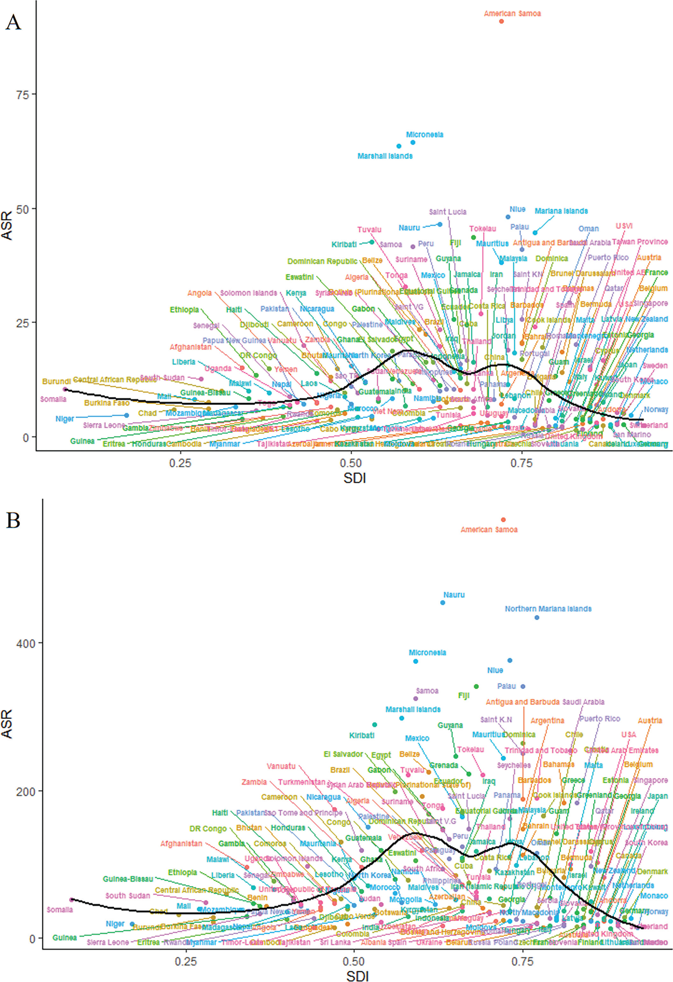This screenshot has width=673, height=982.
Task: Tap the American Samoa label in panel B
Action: click(489, 529)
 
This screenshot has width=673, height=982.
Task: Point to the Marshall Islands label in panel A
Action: click(385, 156)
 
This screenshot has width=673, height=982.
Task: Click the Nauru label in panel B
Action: click(454, 594)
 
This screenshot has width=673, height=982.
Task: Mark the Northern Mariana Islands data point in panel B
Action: click(537, 617)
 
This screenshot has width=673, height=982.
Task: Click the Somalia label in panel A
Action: click(53, 399)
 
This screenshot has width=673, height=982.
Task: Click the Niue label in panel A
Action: click(517, 209)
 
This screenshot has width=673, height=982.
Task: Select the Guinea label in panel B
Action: click(65, 938)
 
